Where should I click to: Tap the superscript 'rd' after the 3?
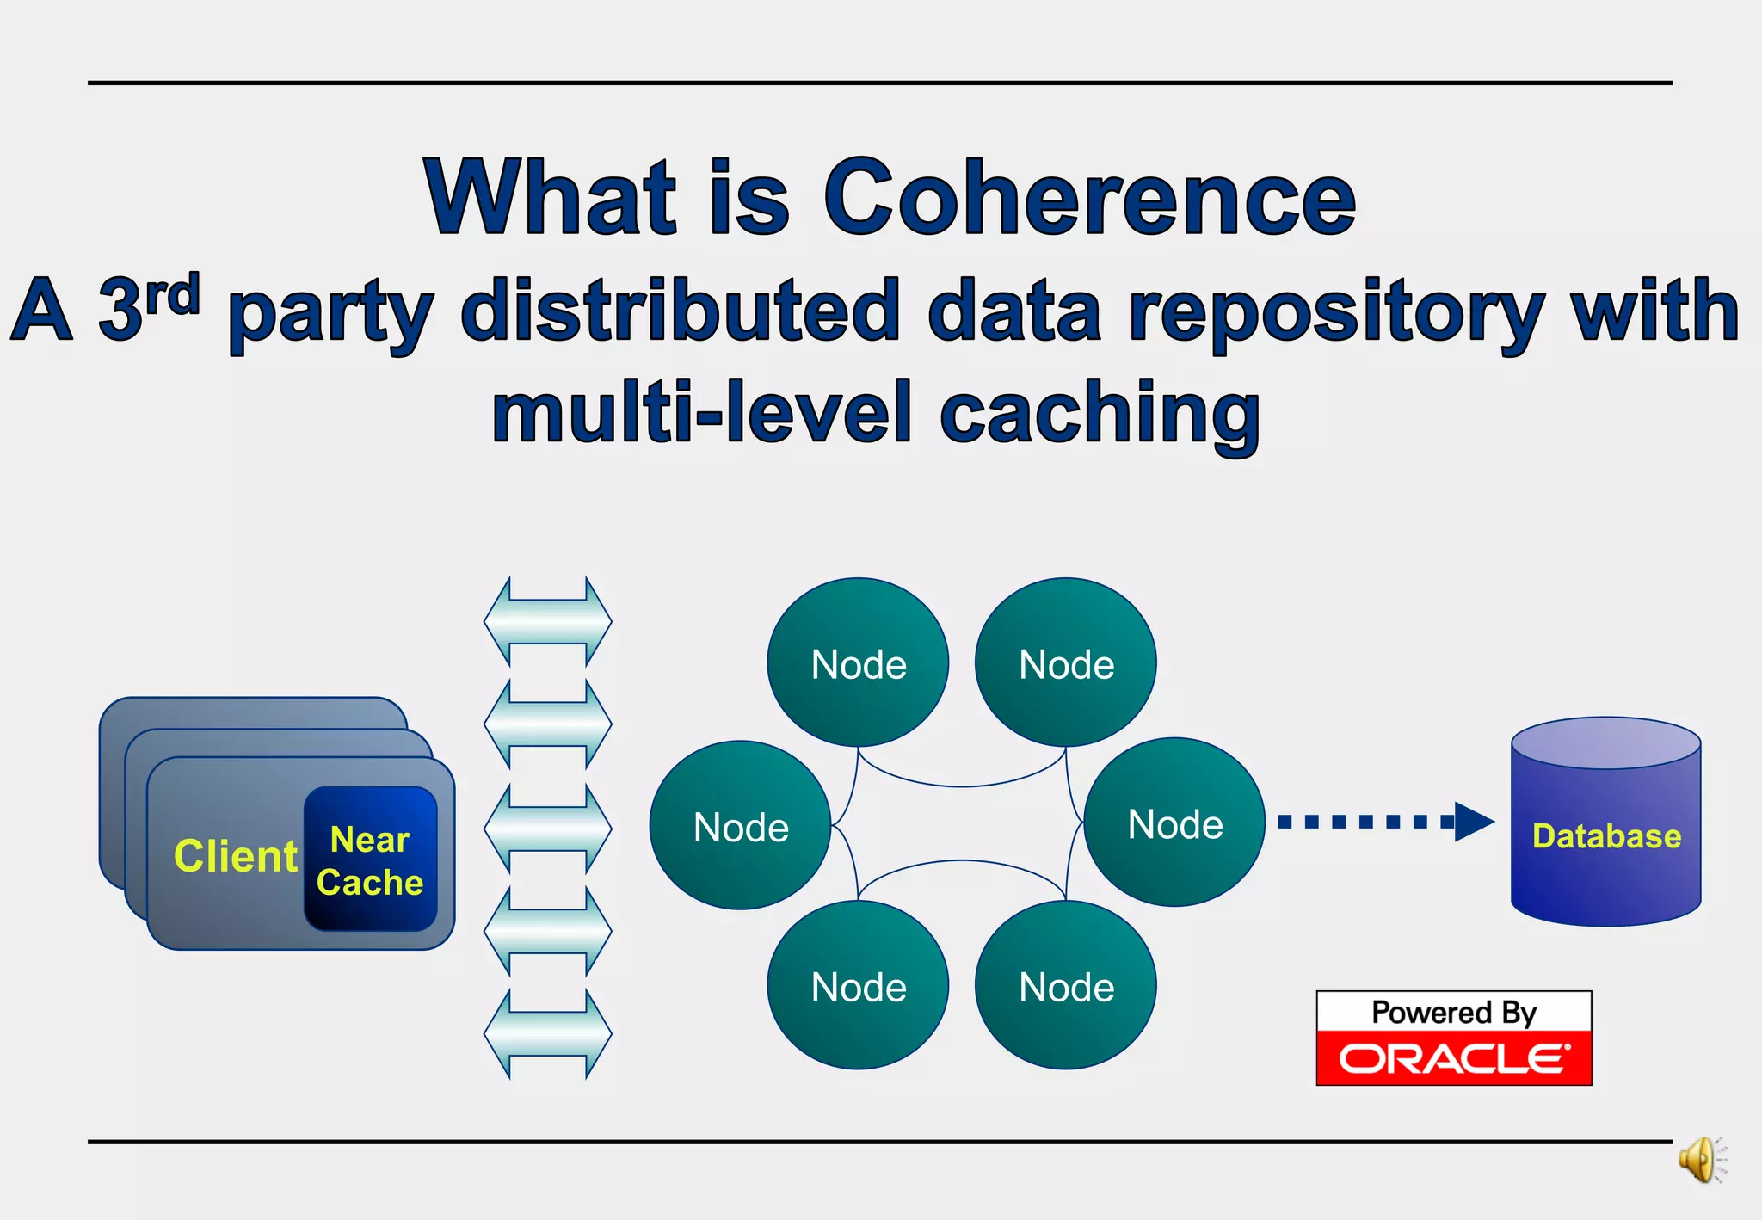pos(172,294)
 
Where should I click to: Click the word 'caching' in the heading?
pos(1100,415)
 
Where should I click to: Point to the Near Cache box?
pos(371,860)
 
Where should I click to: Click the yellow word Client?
pos(235,856)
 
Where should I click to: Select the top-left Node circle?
pos(858,662)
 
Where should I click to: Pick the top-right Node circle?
pos(1065,662)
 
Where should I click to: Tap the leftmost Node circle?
pos(740,825)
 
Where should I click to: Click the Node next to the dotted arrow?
pos(1174,823)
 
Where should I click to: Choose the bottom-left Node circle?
pos(858,985)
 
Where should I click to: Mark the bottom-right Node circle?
pos(1065,985)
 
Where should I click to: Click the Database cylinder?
pos(1605,835)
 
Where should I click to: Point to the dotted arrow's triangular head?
pos(1473,822)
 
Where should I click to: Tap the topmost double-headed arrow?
pos(548,621)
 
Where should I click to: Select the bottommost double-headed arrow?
pos(548,1033)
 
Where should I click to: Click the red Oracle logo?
pos(1453,1058)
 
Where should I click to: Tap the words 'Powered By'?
pos(1453,1013)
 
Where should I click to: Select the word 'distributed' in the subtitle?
pos(680,311)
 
